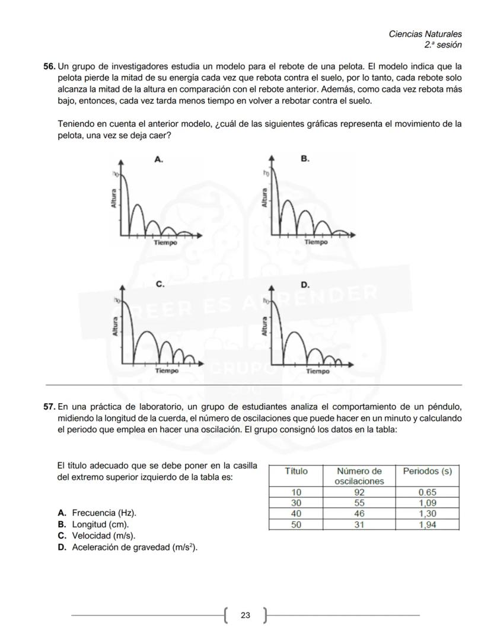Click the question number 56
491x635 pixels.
tap(49, 67)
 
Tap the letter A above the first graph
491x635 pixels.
tap(158, 159)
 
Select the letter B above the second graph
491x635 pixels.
tap(305, 159)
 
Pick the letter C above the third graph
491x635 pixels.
tap(160, 285)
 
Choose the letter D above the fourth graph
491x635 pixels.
tap(305, 285)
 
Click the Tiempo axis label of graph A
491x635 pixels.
tap(165, 242)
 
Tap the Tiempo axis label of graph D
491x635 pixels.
tap(318, 372)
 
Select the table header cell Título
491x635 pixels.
tap(296, 472)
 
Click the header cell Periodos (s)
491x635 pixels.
tap(427, 472)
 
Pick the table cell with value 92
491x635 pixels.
tap(359, 492)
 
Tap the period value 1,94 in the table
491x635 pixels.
tap(427, 525)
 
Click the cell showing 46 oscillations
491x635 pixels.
tap(359, 514)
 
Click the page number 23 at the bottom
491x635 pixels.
tap(245, 615)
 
